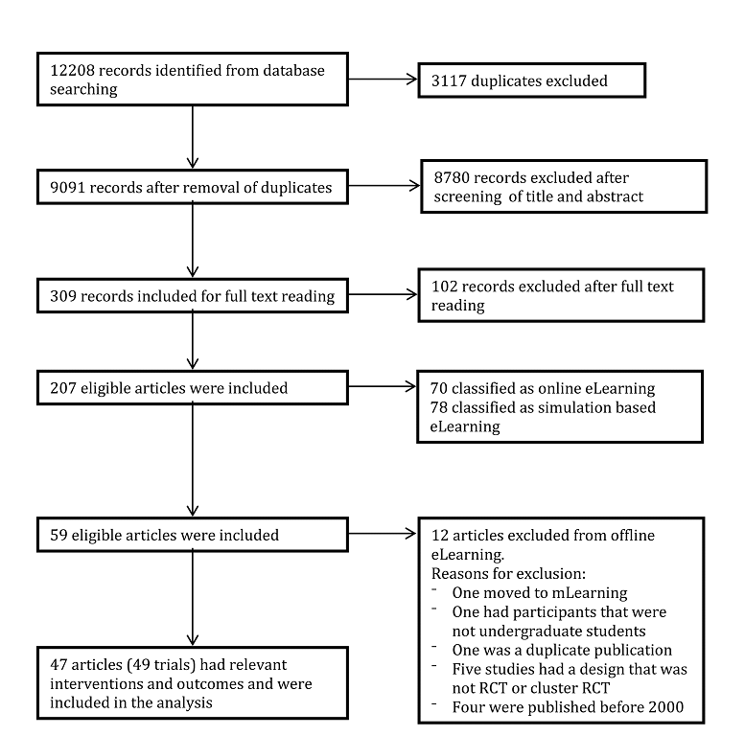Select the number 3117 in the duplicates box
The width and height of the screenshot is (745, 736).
449,80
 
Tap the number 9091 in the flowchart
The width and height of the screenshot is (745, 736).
67,188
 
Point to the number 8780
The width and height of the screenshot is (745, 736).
452,177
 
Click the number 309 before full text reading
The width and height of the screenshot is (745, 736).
63,296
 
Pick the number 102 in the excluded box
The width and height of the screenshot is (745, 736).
444,287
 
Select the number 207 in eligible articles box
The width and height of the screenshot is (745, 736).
63,388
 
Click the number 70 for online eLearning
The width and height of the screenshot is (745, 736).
439,388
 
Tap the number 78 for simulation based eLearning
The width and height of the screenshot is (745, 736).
439,407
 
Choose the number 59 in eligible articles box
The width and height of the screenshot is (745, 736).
58,535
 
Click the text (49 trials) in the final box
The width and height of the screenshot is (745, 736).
161,665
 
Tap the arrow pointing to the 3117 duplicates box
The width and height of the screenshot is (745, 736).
383,80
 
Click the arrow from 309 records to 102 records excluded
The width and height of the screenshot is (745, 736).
383,294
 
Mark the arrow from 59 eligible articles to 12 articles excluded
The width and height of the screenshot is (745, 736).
383,534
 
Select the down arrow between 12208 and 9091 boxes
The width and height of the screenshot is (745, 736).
193,137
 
